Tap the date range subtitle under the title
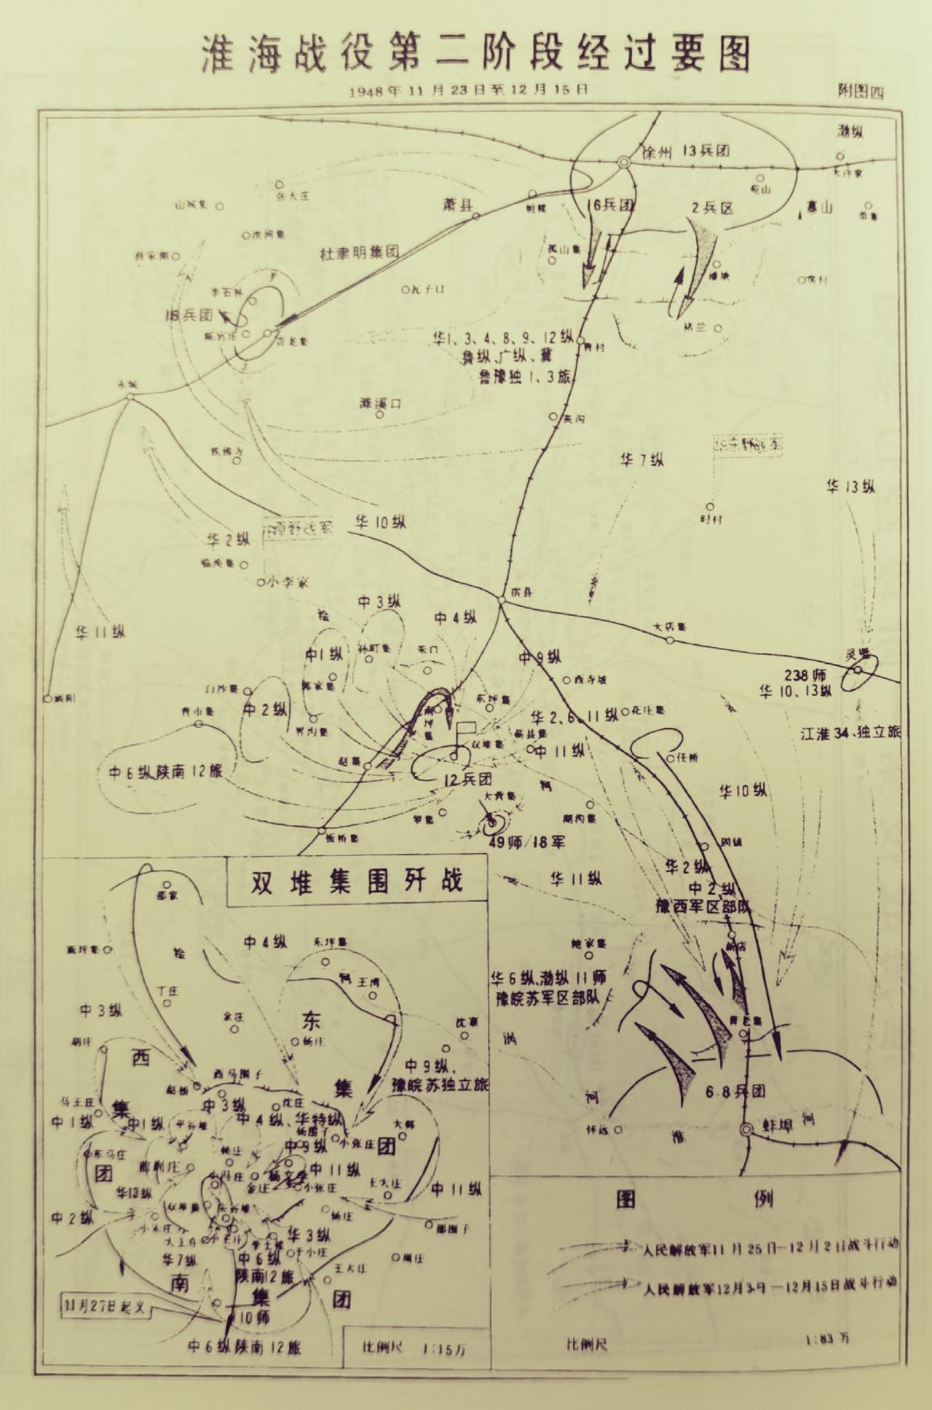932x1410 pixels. [x=469, y=91]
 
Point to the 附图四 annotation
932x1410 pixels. [x=861, y=92]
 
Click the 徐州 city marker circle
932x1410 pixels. [x=624, y=162]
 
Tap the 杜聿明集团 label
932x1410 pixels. [x=360, y=253]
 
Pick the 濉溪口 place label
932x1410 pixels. [x=381, y=403]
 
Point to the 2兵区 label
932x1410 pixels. [x=711, y=207]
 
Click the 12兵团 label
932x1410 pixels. [x=468, y=779]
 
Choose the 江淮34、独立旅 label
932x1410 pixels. [x=850, y=733]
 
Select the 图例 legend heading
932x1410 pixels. [x=692, y=1199]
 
